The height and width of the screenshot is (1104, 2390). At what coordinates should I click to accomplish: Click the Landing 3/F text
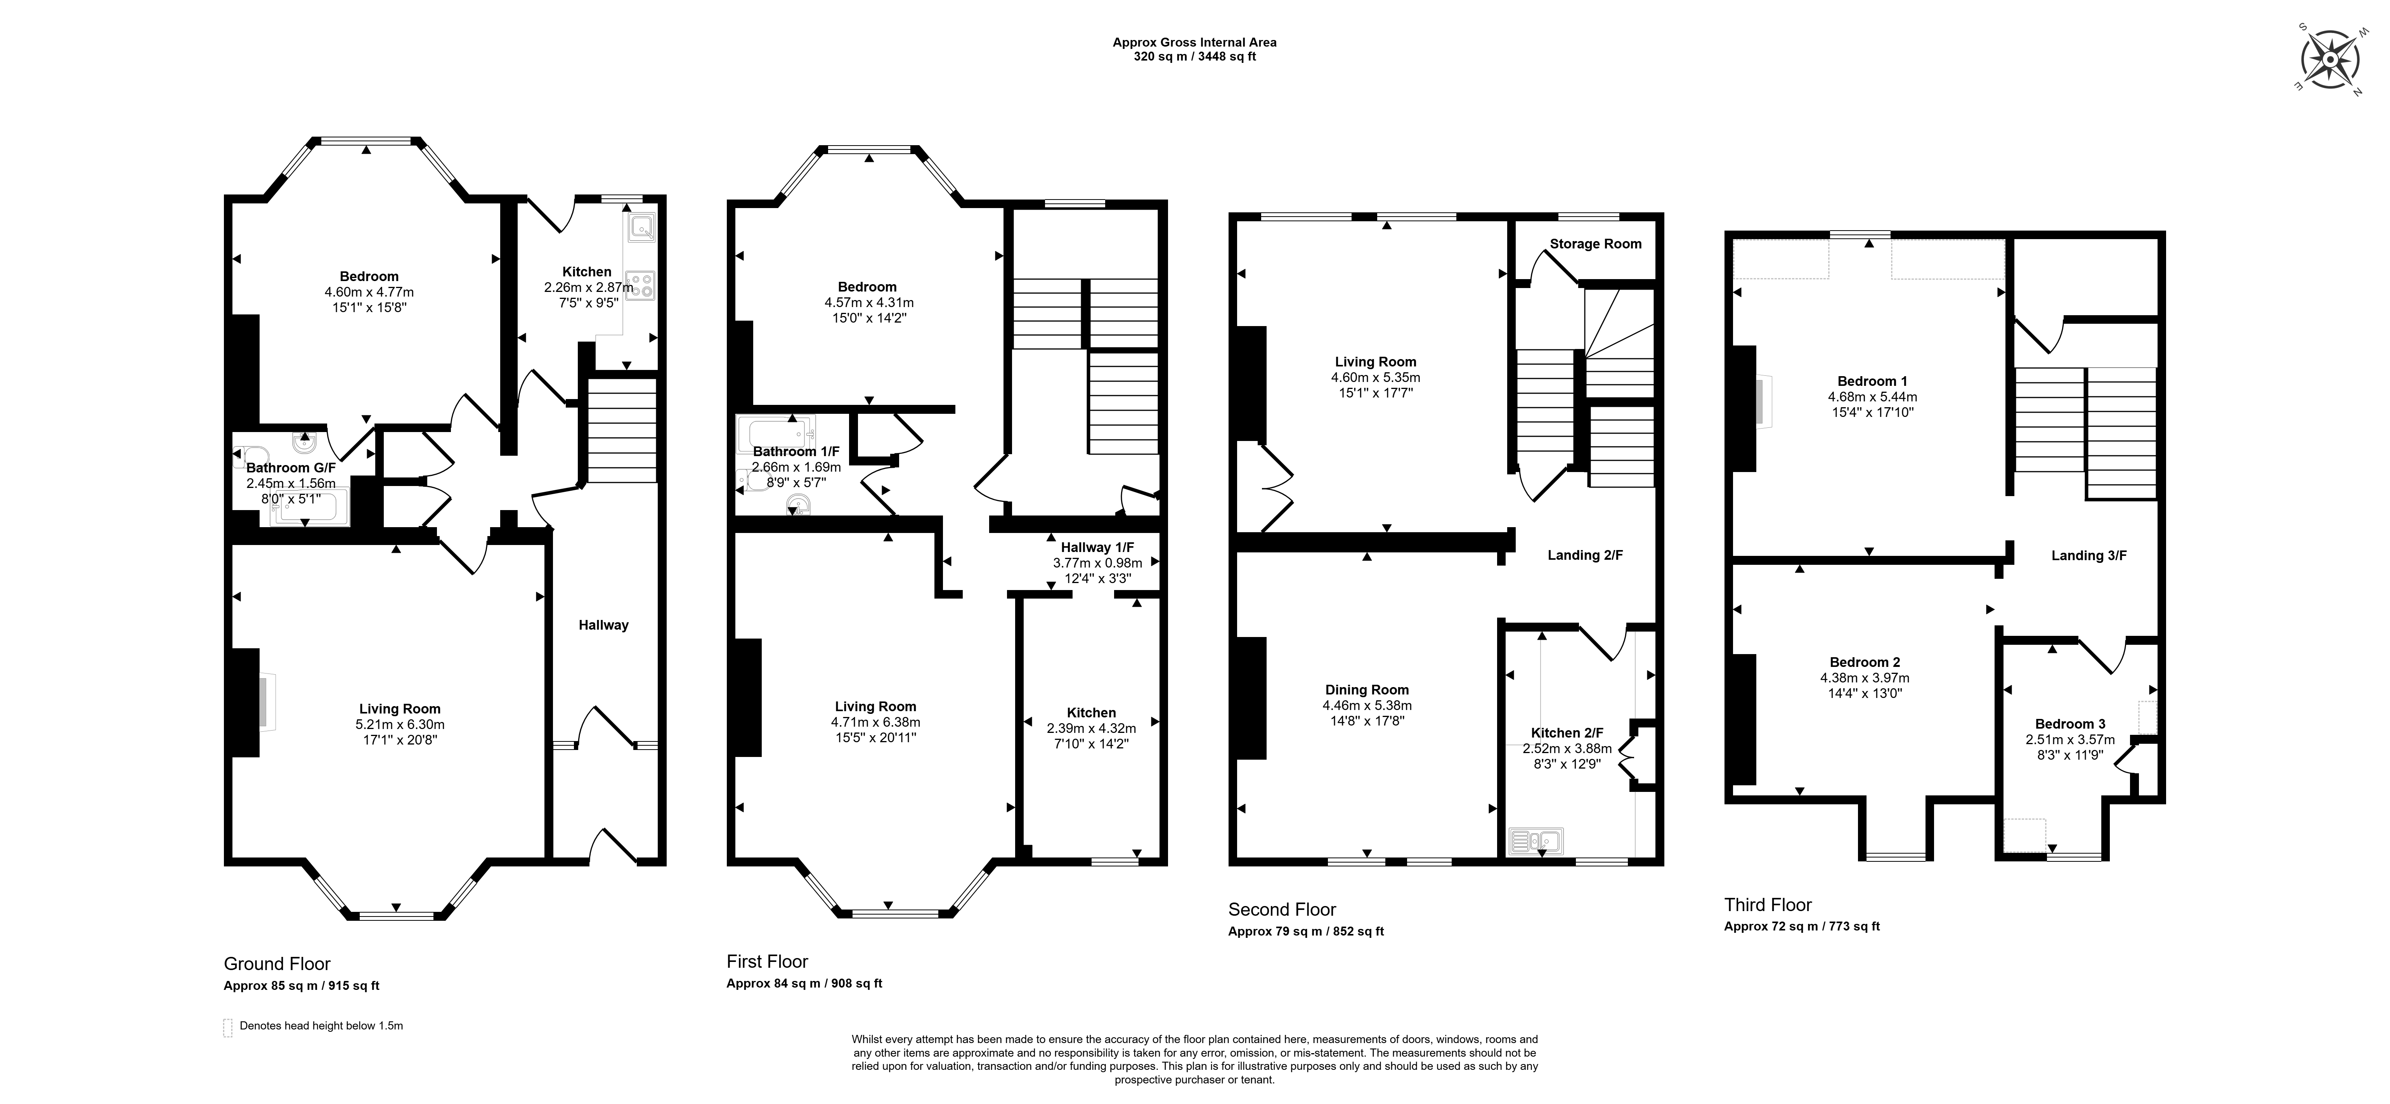pyautogui.click(x=2088, y=556)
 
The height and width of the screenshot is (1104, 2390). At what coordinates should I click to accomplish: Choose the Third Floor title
pyautogui.click(x=1768, y=904)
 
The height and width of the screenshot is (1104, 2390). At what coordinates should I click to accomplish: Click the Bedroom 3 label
pyautogui.click(x=2070, y=724)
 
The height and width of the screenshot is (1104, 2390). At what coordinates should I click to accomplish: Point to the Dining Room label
pyautogui.click(x=1367, y=689)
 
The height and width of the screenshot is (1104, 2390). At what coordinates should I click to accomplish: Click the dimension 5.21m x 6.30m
pyautogui.click(x=400, y=725)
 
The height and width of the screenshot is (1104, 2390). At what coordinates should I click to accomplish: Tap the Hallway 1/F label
pyautogui.click(x=1097, y=547)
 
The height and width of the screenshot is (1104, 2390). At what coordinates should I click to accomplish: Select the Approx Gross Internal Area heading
pyautogui.click(x=1195, y=42)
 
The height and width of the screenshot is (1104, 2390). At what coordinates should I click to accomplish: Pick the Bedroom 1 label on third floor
pyautogui.click(x=1872, y=381)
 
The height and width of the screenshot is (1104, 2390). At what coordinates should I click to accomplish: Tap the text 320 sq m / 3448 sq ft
pyautogui.click(x=1195, y=57)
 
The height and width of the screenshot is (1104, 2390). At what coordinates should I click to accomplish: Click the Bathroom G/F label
pyautogui.click(x=291, y=469)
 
